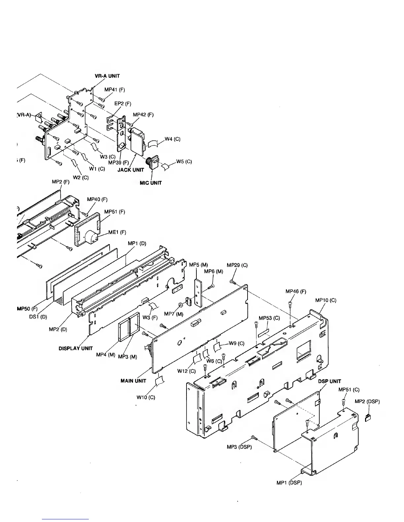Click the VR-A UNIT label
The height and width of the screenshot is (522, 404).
(107, 76)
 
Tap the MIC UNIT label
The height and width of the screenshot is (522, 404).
(151, 183)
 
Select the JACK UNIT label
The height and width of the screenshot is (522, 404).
(131, 170)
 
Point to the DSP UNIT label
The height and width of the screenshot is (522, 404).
(329, 381)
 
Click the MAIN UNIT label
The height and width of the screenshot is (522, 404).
(133, 381)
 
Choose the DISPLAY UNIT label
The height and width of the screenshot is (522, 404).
(76, 348)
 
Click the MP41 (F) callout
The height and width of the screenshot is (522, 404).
(115, 89)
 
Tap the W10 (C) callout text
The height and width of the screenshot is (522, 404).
(146, 397)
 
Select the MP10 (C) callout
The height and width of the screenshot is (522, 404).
(325, 300)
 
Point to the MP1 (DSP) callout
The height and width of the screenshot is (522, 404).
(289, 483)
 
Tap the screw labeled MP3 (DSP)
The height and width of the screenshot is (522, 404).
(254, 437)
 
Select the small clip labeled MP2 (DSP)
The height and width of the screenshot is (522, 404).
(368, 418)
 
